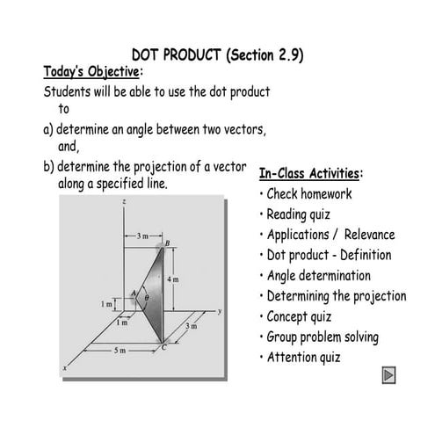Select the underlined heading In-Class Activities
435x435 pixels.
(312, 173)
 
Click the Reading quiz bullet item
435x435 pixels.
(308, 214)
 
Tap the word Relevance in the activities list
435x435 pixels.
(369, 235)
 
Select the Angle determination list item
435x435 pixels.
(318, 276)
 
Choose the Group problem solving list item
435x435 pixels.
(323, 337)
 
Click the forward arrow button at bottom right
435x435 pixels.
(389, 376)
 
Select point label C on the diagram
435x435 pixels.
(162, 349)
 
